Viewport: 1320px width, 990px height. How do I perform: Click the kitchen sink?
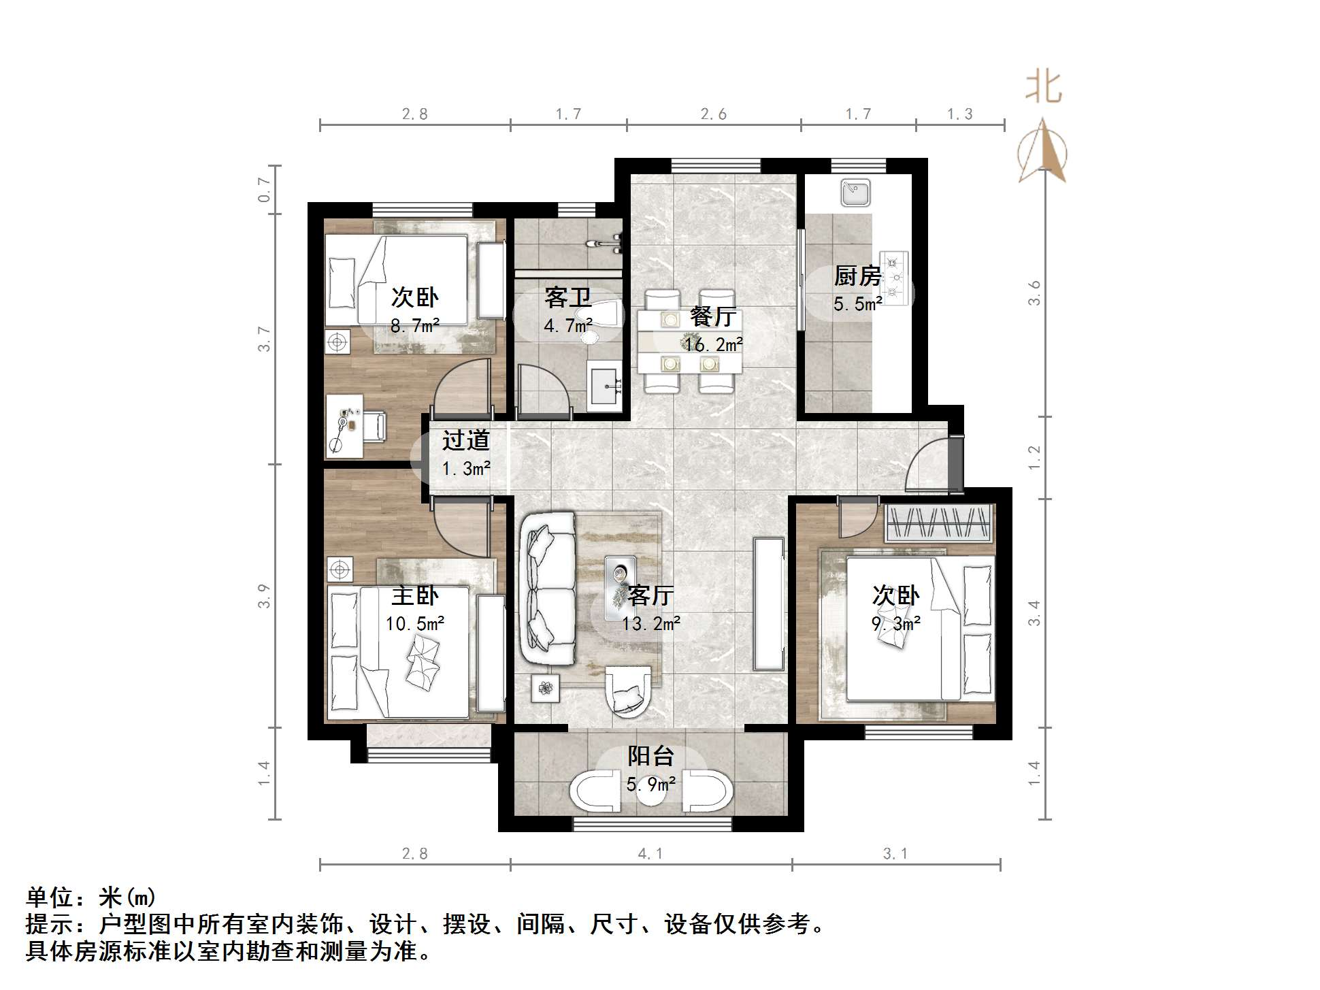855,193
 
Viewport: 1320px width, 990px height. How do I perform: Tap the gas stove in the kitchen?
895,278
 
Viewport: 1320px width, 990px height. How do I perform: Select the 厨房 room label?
857,276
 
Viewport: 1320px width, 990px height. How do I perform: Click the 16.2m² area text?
713,345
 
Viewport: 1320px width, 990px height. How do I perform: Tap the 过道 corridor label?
466,440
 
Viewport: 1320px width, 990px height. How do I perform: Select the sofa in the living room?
547,589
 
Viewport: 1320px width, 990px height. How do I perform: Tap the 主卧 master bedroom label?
415,596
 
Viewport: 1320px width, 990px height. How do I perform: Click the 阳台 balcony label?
650,756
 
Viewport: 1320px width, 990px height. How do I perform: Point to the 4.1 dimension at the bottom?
650,854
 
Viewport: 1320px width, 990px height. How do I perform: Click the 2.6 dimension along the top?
713,114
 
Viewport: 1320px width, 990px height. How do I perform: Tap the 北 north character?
1043,88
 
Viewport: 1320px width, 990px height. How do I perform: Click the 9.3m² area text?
896,623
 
